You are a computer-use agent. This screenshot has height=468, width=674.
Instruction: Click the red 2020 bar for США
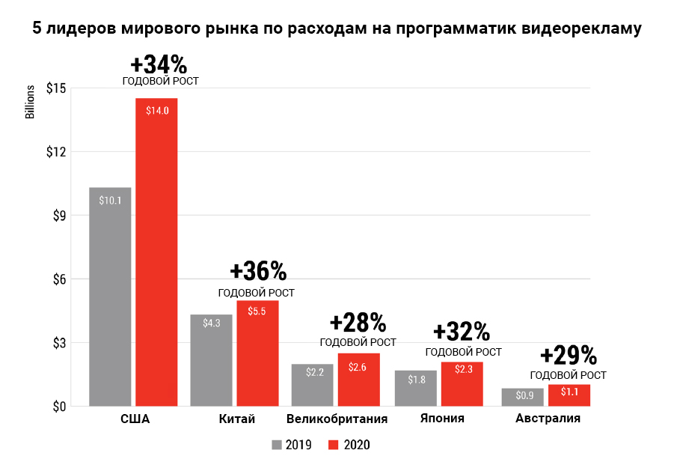(x=156, y=252)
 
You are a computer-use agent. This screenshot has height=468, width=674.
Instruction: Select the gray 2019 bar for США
(x=110, y=297)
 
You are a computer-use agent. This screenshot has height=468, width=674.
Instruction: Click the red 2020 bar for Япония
(x=462, y=383)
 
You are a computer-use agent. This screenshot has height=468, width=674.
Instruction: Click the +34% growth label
(x=159, y=64)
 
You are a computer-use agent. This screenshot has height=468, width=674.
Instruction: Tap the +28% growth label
(x=358, y=323)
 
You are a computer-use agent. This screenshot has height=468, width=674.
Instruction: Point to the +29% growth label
(x=568, y=354)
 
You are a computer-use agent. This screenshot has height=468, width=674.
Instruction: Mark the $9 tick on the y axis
(x=58, y=216)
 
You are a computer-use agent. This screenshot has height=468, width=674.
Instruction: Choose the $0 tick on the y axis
(x=58, y=407)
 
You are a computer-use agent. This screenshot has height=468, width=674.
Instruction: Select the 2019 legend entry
(x=292, y=445)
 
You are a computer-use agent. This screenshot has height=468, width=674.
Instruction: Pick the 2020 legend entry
(x=349, y=445)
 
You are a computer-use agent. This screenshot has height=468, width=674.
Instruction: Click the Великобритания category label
(x=337, y=419)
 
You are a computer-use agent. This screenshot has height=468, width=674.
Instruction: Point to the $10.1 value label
(x=110, y=200)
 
